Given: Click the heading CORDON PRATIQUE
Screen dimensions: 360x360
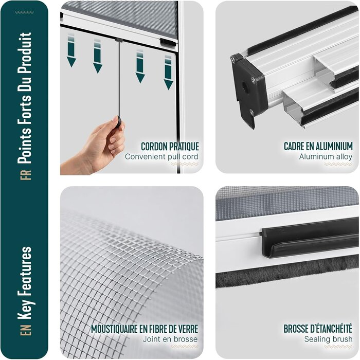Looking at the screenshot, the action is pos(170,146).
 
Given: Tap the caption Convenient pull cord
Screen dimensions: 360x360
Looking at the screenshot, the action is pos(161,156).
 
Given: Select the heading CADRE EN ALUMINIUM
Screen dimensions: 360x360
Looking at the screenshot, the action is pos(318,146).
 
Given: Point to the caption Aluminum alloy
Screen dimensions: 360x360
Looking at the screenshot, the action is pos(326,156).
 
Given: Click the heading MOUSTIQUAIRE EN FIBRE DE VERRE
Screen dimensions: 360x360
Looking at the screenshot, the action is pos(145,329).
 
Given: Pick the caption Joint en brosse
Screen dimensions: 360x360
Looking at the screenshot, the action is pos(170,339).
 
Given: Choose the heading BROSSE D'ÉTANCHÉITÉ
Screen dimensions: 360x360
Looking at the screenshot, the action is pos(318,329).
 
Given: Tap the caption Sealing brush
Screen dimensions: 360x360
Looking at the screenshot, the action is pos(328,339).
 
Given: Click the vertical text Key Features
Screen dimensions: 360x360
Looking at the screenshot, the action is pos(25,283).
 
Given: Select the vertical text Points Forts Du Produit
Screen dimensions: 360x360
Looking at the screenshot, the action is pos(25,98).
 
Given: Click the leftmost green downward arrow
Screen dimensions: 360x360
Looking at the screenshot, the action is pos(71,50).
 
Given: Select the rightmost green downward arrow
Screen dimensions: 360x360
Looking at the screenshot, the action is pos(168,73).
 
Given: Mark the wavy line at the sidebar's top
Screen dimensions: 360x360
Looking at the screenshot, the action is pos(24,12).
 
